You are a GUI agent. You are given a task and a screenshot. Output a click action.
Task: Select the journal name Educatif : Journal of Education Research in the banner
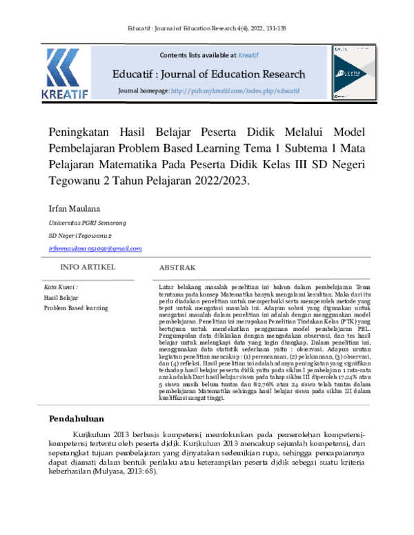[x=209, y=73]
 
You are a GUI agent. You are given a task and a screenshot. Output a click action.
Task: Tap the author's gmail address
[x=95, y=248]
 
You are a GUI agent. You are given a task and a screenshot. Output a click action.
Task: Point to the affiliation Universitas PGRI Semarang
[x=87, y=223]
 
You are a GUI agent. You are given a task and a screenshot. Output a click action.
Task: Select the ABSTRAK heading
[x=177, y=267]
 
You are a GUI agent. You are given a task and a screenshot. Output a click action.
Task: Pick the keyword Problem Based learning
[x=76, y=307]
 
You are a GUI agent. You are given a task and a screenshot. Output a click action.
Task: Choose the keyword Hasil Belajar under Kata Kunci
[x=61, y=297]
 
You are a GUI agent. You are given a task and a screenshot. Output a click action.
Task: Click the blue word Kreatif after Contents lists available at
[x=248, y=54]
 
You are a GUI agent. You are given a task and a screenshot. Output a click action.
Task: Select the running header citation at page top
[x=207, y=28]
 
